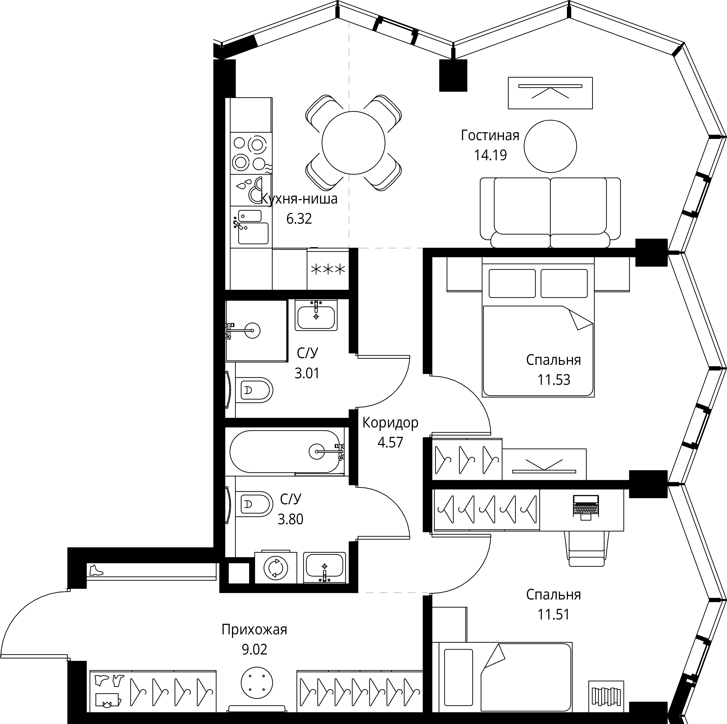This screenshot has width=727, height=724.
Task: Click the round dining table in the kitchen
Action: click(x=353, y=143)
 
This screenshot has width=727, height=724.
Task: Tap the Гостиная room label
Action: click(x=490, y=135)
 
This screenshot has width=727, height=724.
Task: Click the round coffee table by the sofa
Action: click(x=550, y=146)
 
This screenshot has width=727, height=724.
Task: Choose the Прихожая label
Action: click(x=254, y=630)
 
